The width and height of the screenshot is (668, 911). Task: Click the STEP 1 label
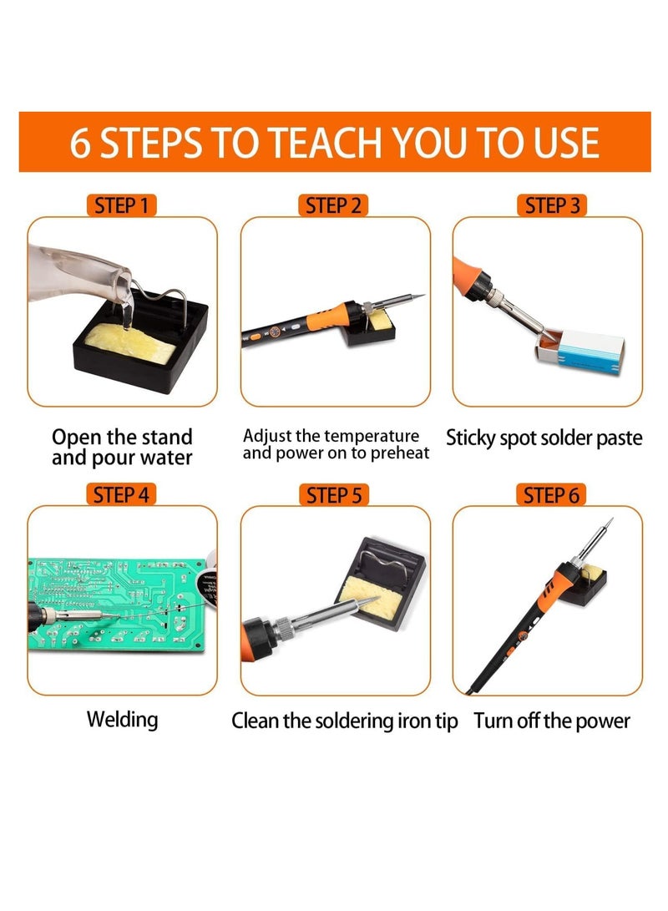pos(122,205)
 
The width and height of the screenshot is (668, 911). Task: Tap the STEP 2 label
pos(334,205)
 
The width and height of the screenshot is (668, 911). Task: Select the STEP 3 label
pos(551,205)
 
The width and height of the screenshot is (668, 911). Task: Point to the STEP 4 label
pos(122,494)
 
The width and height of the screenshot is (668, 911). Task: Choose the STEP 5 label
pos(334,495)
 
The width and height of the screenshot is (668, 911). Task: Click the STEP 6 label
pos(551,495)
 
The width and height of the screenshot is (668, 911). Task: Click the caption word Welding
pos(122,719)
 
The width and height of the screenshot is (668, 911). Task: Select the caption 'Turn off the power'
pos(552,721)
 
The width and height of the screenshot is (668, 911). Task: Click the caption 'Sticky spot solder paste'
pos(544,438)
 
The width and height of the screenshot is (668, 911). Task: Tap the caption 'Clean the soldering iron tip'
pos(344,721)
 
